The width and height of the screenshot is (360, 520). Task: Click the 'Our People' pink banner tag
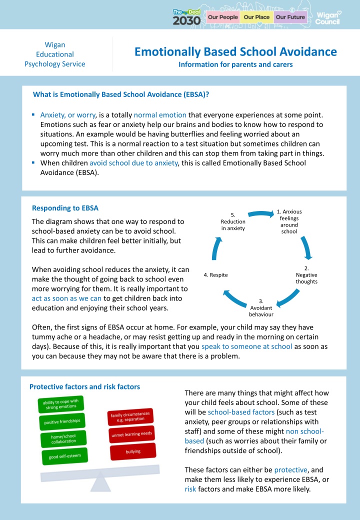pos(222,17)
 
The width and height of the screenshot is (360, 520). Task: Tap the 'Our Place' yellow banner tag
pos(256,17)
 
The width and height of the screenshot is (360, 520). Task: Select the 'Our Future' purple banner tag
pos(290,17)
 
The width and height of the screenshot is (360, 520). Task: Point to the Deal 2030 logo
pos(186,17)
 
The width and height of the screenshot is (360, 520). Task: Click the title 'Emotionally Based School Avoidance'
pos(235,51)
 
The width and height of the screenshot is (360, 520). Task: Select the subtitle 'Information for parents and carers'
pos(235,64)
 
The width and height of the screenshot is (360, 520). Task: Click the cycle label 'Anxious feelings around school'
pos(289,221)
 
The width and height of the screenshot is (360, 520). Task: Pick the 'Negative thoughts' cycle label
pos(306,275)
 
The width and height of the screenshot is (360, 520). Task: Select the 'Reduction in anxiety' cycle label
pos(233,221)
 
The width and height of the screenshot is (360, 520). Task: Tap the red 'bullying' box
pos(133,451)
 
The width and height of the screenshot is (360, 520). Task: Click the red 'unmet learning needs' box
pos(131,434)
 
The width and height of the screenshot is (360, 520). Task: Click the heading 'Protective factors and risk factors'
pos(84,386)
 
